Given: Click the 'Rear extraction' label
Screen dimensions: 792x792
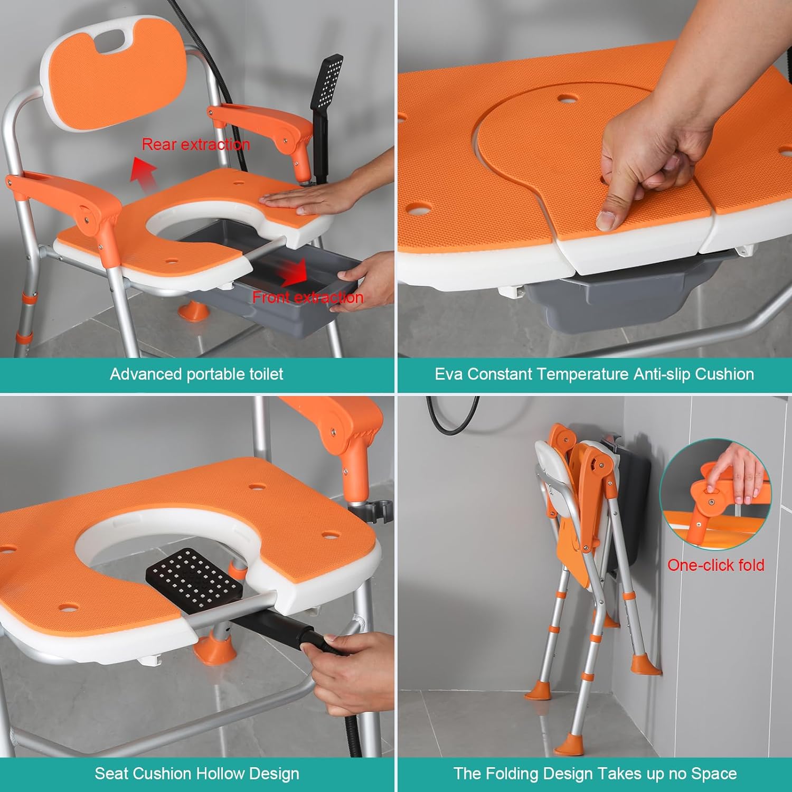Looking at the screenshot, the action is click(196, 144).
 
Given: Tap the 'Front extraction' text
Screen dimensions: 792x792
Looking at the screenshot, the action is click(308, 297).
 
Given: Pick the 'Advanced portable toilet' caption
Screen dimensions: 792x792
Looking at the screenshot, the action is click(196, 374).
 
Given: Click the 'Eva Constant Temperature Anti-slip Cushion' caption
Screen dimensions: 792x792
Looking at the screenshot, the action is click(594, 374).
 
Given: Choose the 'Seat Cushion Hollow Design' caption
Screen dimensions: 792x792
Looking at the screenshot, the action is click(197, 774).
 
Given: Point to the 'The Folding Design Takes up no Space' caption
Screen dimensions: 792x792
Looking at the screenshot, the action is click(595, 774).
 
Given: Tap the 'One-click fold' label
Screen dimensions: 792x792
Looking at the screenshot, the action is click(715, 565).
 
